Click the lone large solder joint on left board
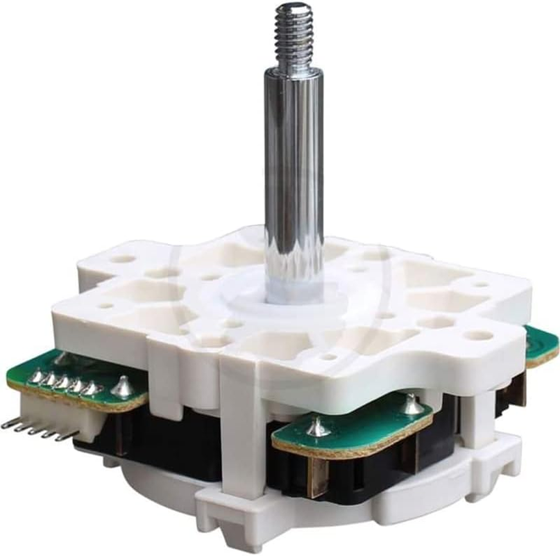[123, 386]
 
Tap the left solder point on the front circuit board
[319, 428]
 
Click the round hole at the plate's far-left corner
[124, 259]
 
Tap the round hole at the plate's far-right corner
[478, 335]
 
